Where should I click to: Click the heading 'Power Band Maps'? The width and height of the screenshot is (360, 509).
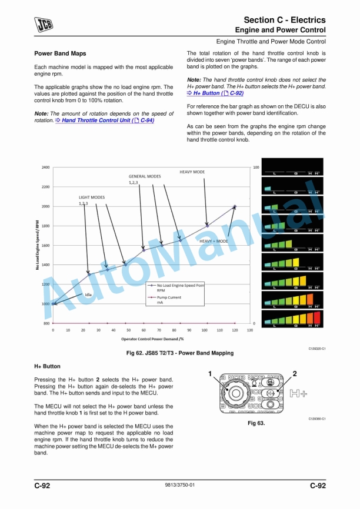click(x=60, y=53)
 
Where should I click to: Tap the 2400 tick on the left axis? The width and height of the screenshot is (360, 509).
click(x=45, y=168)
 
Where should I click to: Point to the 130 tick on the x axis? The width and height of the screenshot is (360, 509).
click(x=250, y=330)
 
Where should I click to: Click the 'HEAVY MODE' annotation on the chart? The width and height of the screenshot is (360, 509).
click(x=192, y=172)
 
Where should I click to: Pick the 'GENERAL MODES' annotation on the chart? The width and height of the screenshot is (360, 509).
click(x=145, y=176)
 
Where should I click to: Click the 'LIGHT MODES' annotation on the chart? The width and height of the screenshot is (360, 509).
click(x=92, y=197)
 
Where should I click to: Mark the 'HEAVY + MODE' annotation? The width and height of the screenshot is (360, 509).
click(x=214, y=242)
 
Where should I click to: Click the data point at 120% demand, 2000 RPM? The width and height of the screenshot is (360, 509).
click(x=235, y=206)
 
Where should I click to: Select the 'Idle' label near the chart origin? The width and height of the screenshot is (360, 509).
click(x=88, y=294)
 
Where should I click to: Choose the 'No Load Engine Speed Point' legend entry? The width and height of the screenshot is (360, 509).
click(x=176, y=285)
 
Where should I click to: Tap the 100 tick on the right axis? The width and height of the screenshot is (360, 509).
click(x=256, y=168)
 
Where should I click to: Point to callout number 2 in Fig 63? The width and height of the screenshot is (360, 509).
click(x=295, y=373)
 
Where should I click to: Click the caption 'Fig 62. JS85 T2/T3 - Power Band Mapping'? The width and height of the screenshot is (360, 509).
click(x=181, y=353)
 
